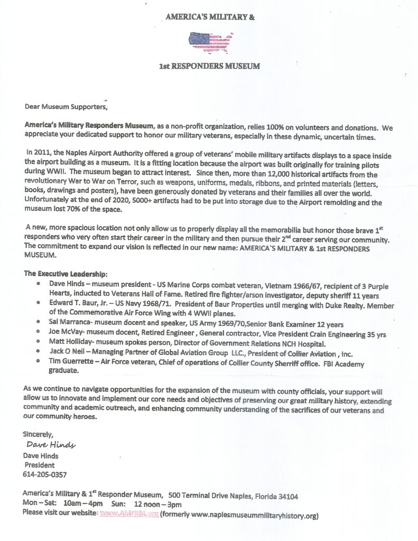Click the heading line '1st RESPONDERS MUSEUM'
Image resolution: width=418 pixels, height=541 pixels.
(210, 67)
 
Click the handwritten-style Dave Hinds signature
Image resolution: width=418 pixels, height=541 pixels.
(51, 445)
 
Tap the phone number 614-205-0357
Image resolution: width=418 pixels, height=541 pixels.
(45, 474)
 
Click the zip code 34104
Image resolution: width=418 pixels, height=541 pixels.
(286, 496)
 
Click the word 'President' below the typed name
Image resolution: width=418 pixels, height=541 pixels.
(40, 465)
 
